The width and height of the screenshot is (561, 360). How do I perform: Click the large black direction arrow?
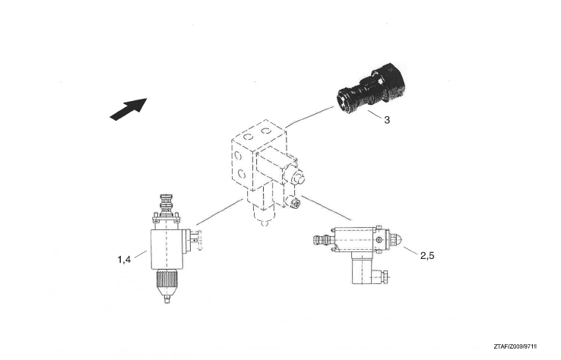(128, 109)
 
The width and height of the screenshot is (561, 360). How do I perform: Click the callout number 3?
(387, 120)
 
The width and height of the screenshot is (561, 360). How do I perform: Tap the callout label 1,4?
(124, 260)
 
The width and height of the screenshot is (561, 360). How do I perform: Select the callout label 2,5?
(427, 256)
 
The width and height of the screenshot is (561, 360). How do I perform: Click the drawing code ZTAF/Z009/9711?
(515, 346)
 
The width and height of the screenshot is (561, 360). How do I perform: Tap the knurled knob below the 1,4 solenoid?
(166, 281)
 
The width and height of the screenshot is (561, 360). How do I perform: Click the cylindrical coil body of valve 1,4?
(167, 249)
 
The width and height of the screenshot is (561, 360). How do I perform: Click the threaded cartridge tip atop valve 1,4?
(165, 204)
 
